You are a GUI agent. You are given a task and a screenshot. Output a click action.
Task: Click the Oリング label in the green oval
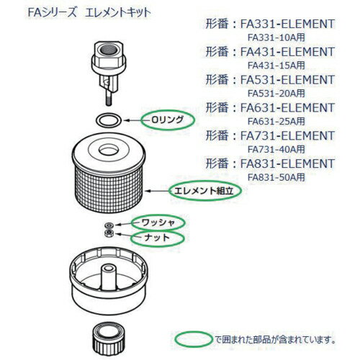coord(167,120)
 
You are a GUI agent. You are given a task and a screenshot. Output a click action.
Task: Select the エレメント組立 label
coord(204,191)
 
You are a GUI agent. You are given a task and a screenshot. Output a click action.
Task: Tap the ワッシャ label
coord(158,223)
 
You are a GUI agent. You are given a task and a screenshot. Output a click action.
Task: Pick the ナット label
coord(157,238)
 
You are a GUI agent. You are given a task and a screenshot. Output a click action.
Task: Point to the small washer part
coord(109,225)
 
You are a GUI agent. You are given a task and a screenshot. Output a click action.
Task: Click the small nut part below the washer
coord(109,233)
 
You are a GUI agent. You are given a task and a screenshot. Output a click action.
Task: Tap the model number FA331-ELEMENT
coord(287,24)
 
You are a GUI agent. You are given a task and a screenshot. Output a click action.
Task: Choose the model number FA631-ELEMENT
coord(287,107)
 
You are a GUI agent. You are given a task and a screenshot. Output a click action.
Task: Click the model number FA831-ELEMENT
coord(287,163)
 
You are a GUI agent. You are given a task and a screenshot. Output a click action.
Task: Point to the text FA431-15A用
coord(276,66)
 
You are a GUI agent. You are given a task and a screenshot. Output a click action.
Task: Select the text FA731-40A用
coord(276,149)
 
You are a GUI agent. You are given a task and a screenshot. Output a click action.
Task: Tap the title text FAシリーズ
coord(52,12)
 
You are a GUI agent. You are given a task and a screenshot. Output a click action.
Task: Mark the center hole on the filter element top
coord(109,150)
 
